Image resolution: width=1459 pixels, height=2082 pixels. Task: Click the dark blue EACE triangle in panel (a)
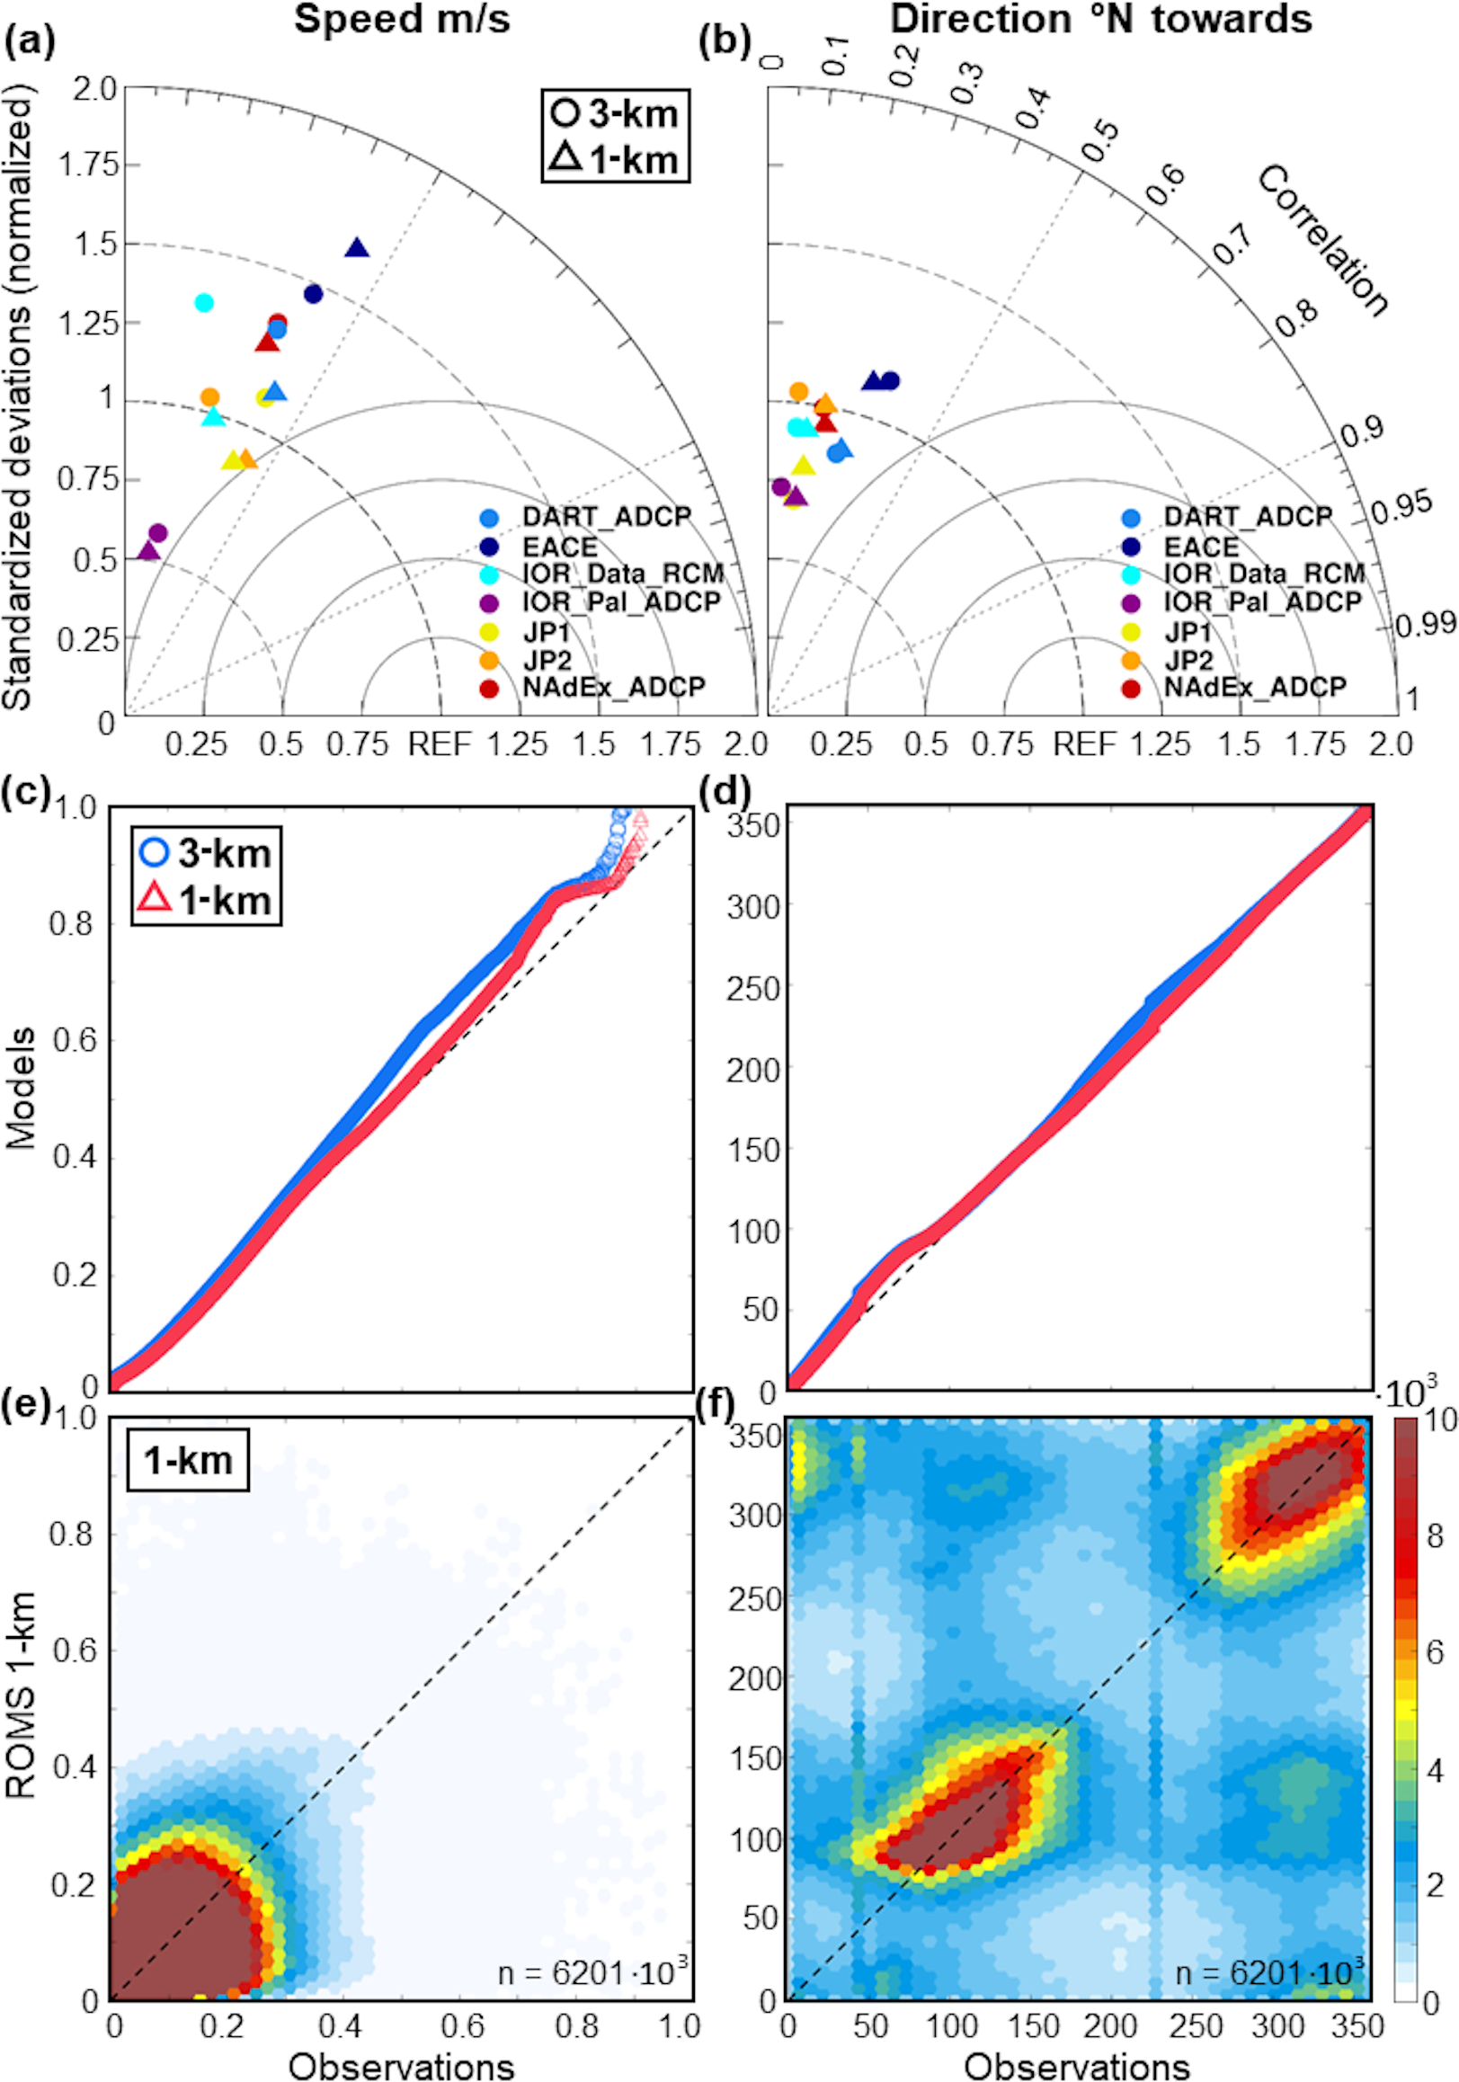pos(357,247)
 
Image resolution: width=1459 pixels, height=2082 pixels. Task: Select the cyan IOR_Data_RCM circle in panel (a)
pos(204,302)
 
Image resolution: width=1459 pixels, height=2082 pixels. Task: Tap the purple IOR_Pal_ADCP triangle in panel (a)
pos(147,550)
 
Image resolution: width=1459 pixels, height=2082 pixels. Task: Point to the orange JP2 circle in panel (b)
pos(798,392)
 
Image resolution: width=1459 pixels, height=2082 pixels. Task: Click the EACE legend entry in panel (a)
pos(559,547)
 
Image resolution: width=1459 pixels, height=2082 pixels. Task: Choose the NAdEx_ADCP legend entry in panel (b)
pos(1254,688)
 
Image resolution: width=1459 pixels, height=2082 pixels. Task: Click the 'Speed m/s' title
pos(402,19)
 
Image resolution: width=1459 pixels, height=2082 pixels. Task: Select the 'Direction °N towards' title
pos(1100,19)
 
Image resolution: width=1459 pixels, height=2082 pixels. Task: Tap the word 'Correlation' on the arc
pos(1322,241)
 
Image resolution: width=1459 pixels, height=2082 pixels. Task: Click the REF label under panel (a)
pos(440,744)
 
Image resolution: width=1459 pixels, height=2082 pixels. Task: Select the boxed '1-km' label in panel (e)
pos(188,1460)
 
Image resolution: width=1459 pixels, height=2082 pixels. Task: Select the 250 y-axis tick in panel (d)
pos(752,987)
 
